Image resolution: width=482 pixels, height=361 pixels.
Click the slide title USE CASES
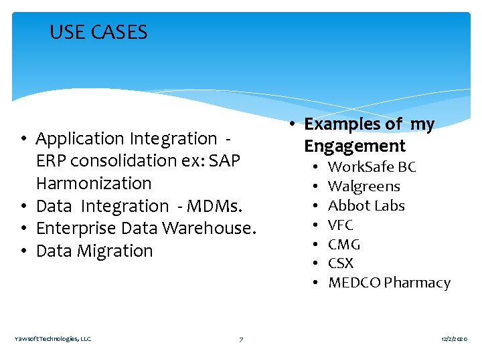(98, 32)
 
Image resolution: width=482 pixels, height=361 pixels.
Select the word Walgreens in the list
(364, 187)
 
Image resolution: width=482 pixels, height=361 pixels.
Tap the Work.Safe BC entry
(372, 167)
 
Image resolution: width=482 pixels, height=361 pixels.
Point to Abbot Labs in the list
(366, 206)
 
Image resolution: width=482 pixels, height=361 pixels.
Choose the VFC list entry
(340, 225)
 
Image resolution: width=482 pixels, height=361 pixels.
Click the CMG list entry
(343, 245)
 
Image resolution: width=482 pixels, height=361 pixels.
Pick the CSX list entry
(340, 263)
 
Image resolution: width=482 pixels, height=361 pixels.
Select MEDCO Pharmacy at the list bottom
(389, 283)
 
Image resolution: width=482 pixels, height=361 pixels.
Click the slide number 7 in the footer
(241, 340)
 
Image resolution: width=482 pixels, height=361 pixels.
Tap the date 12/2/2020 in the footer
(455, 340)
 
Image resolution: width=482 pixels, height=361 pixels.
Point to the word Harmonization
(94, 183)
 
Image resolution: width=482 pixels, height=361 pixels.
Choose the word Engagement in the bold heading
(355, 146)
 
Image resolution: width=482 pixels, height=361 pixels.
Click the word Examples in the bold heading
(340, 124)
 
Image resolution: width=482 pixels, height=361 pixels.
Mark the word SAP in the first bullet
(224, 161)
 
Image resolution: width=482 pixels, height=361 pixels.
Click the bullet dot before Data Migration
(23, 251)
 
